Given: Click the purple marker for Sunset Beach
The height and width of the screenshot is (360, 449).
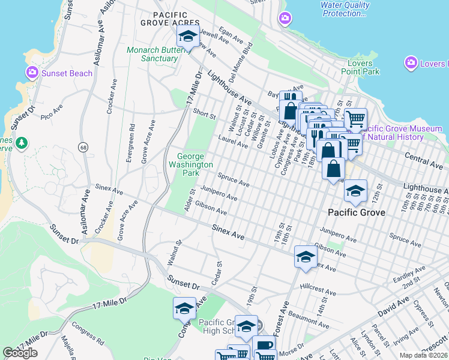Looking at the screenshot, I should pyautogui.click(x=32, y=73).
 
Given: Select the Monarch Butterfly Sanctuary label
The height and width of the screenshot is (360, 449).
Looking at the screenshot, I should pyautogui.click(x=152, y=55).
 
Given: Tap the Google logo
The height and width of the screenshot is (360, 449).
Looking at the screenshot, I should pyautogui.click(x=20, y=353).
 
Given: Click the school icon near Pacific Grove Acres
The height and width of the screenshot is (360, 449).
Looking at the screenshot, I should pyautogui.click(x=188, y=37).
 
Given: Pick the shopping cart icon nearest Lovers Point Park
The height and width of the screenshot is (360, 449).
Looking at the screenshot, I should pyautogui.click(x=355, y=118).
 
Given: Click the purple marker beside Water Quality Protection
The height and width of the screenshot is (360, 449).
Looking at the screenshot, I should pyautogui.click(x=285, y=19).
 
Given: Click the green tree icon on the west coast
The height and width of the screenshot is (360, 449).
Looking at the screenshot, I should pyautogui.click(x=22, y=143).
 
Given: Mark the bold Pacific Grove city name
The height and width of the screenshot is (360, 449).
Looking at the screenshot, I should pyautogui.click(x=357, y=212).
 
